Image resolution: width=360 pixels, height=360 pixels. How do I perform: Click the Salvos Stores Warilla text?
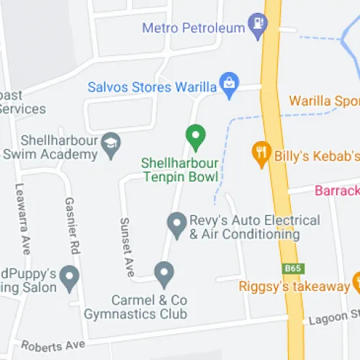click(x=152, y=87)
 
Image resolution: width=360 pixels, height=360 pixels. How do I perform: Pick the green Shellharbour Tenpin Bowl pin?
click(x=194, y=134)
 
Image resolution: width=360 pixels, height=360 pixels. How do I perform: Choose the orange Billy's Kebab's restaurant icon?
click(x=261, y=153)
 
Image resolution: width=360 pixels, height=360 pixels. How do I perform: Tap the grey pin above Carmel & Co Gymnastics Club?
click(x=165, y=272)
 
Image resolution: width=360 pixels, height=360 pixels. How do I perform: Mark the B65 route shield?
click(x=292, y=269)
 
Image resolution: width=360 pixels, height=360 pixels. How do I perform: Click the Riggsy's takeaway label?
click(x=294, y=287)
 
